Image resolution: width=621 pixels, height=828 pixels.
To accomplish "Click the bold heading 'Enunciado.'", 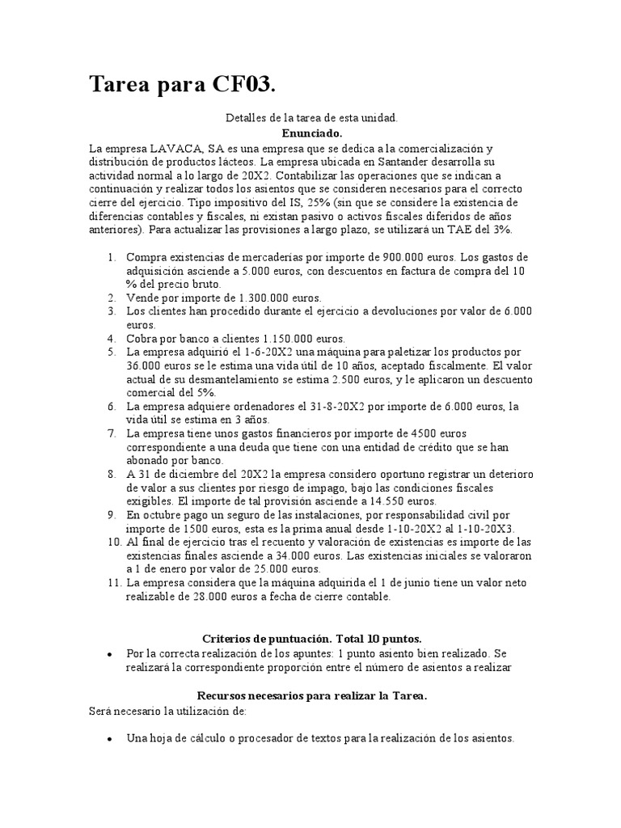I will pos(312,133).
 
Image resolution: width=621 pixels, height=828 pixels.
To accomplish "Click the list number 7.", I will pos(111,433).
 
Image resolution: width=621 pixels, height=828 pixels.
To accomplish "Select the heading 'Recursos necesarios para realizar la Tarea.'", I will pos(311,695).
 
